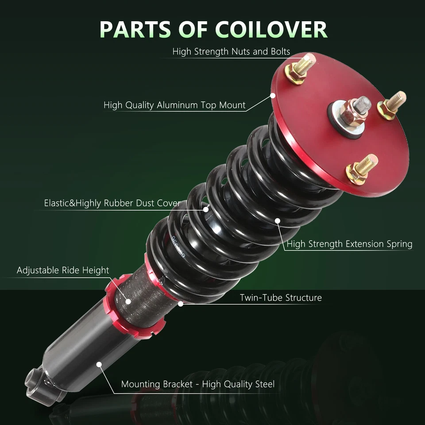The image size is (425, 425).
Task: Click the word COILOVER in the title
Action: (x=271, y=29)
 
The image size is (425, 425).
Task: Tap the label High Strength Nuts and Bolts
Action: (x=231, y=52)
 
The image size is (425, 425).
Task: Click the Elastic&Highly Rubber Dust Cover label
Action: (x=112, y=204)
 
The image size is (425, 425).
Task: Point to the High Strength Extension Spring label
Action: (x=349, y=244)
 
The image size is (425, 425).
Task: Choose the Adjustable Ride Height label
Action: (x=63, y=270)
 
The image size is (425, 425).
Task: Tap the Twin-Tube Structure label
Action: (x=281, y=298)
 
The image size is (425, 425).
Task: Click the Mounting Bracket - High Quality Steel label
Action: (x=197, y=384)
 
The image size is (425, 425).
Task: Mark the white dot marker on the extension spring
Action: (x=278, y=220)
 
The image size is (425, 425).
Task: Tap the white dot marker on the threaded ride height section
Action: (x=128, y=301)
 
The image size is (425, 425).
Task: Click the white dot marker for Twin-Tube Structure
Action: (x=180, y=304)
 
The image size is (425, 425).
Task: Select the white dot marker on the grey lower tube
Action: (x=99, y=364)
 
